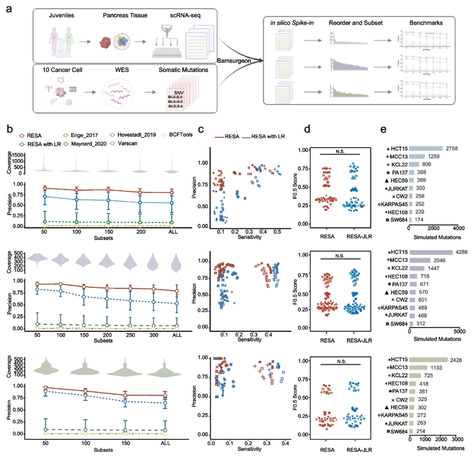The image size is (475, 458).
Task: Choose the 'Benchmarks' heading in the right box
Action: click(425, 22)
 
